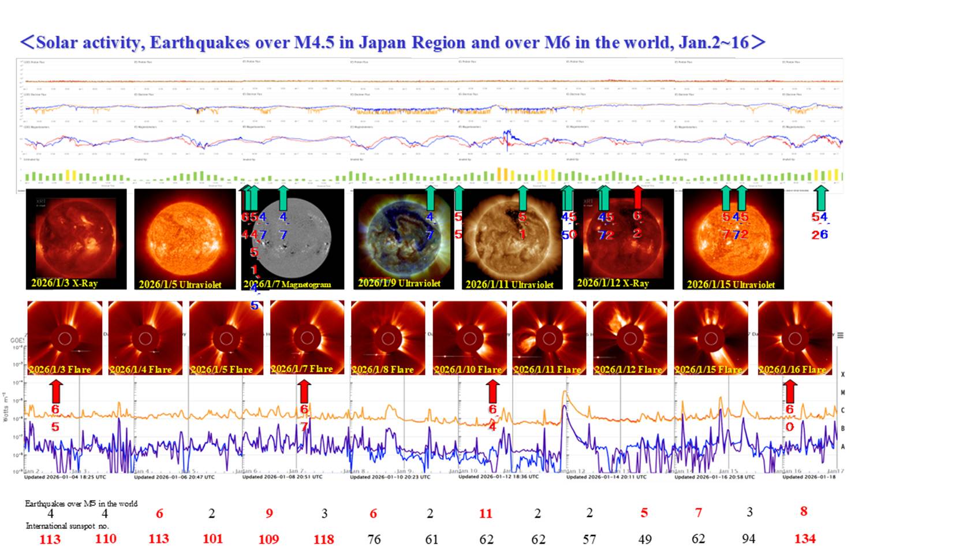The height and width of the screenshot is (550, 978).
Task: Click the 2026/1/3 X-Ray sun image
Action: [x=76, y=239]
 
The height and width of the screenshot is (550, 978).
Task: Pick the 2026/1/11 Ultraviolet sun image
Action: [x=512, y=239]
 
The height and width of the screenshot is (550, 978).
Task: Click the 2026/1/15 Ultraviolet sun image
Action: [x=733, y=239]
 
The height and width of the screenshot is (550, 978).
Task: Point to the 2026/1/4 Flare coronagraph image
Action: [x=145, y=338]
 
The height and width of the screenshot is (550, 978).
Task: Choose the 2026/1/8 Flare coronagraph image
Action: [x=388, y=338]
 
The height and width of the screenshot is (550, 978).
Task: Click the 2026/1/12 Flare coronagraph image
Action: [x=630, y=338]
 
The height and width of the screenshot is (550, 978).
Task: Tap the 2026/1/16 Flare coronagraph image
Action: [x=794, y=338]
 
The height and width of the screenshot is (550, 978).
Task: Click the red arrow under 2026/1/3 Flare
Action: [x=55, y=391]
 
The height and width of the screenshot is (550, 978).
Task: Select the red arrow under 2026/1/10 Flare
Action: [x=492, y=391]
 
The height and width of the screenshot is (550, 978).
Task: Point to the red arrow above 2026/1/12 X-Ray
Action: [x=637, y=196]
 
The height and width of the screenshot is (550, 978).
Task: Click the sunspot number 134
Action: [x=805, y=539]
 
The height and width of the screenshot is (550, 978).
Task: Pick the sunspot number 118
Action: [x=323, y=539]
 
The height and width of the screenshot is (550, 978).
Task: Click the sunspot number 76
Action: [x=374, y=539]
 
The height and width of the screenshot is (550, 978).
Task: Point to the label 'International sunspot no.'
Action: [x=67, y=526]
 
